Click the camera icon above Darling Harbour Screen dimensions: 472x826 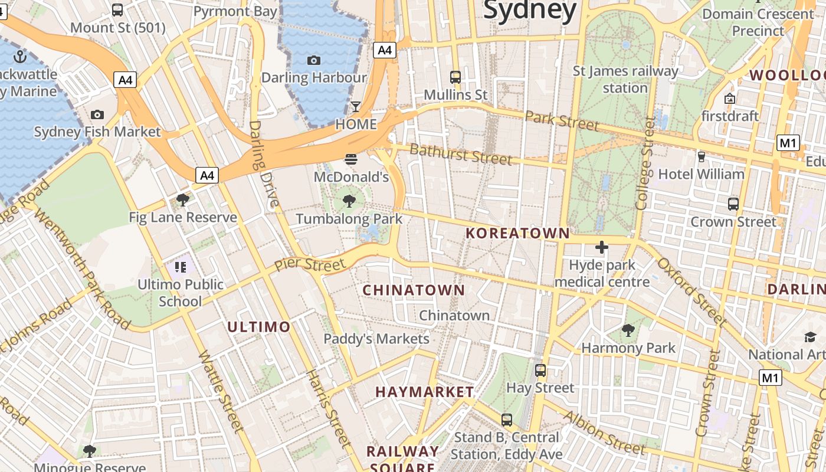point(314,60)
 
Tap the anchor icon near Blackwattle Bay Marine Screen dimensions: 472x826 point(21,57)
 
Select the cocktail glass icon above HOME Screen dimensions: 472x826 point(356,107)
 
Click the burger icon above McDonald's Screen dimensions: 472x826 point(351,159)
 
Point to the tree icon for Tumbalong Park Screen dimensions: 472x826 point(349,201)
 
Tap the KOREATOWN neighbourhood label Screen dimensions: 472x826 point(517,234)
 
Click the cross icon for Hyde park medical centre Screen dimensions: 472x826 point(602,247)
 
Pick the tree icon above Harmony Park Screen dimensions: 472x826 point(628,330)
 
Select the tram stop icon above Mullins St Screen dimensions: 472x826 point(455,77)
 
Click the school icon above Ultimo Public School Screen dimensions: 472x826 point(181,267)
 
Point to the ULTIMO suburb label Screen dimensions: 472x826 point(259,327)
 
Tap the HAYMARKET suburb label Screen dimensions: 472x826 point(424,392)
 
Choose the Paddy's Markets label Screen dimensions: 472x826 point(376,339)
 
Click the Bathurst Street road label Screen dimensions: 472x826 point(461,154)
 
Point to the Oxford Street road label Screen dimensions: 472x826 point(691,291)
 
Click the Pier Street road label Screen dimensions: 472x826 point(310,264)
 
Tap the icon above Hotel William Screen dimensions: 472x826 point(701,157)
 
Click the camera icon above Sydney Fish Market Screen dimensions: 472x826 point(97,114)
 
